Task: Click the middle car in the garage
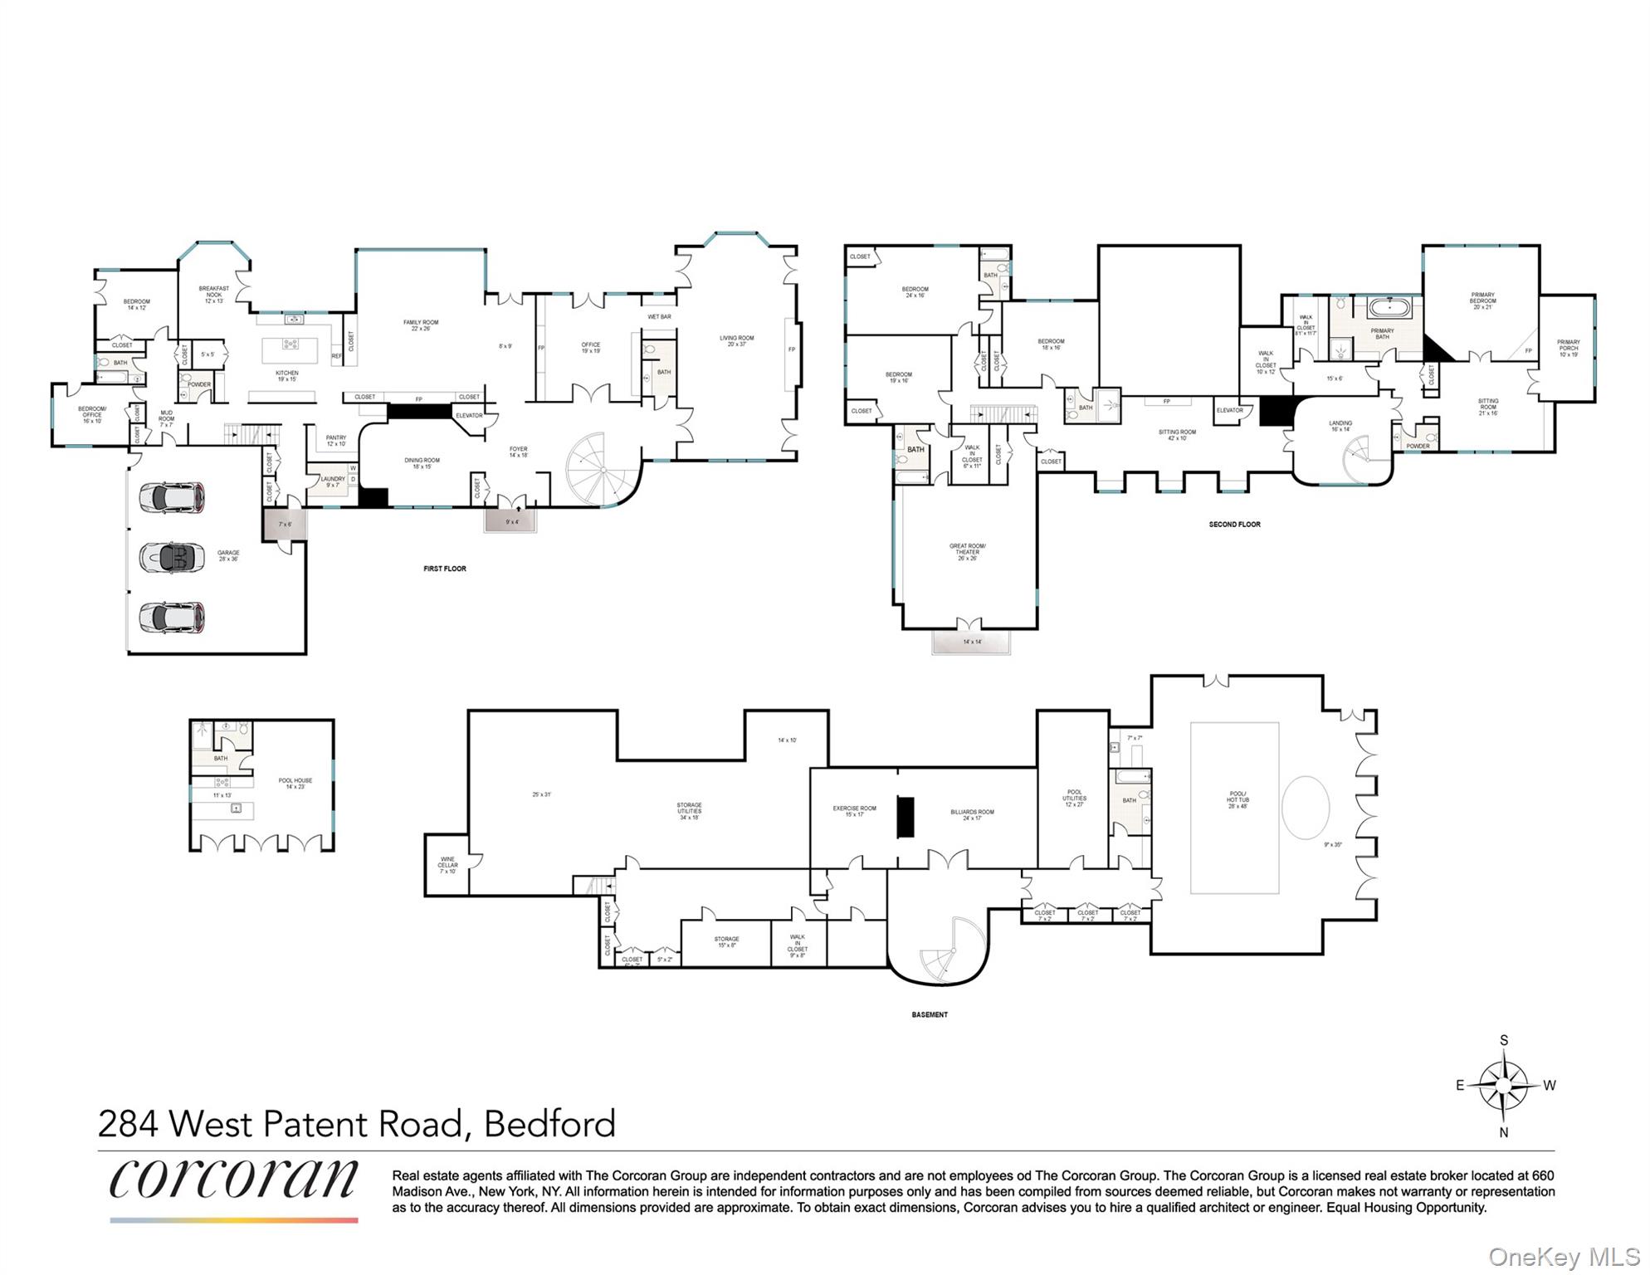(172, 557)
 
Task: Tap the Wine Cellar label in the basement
(447, 865)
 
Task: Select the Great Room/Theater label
(967, 552)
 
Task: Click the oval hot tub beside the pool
(1306, 808)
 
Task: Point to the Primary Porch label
(1568, 348)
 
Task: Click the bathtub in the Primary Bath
(1389, 308)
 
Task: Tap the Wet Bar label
(659, 316)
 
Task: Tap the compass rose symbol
(1503, 1086)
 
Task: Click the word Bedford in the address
(549, 1124)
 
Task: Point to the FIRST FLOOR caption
(445, 569)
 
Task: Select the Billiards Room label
(972, 815)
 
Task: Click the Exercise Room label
(854, 811)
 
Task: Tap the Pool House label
(295, 783)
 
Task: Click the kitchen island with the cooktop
(290, 349)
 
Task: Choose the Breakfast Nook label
(214, 294)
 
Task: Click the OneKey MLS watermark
(1563, 1257)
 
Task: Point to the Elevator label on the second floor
(1229, 410)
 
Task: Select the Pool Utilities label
(1074, 798)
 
